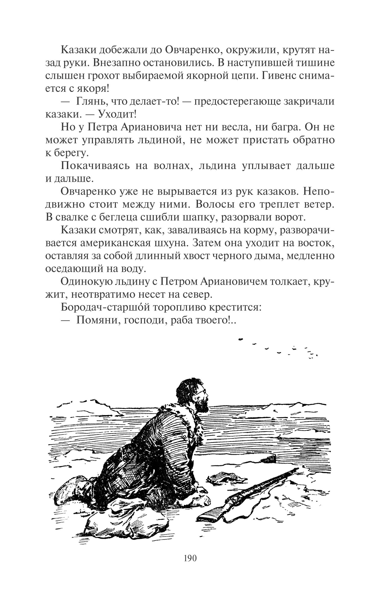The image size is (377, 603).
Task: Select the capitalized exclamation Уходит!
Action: (x=117, y=115)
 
